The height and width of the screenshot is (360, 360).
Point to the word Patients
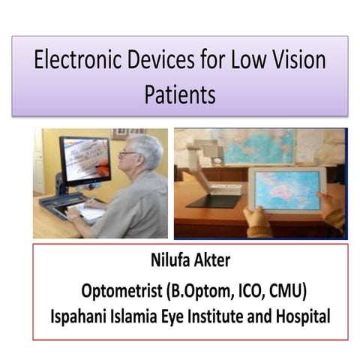180,95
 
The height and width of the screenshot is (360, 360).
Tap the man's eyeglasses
129,153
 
